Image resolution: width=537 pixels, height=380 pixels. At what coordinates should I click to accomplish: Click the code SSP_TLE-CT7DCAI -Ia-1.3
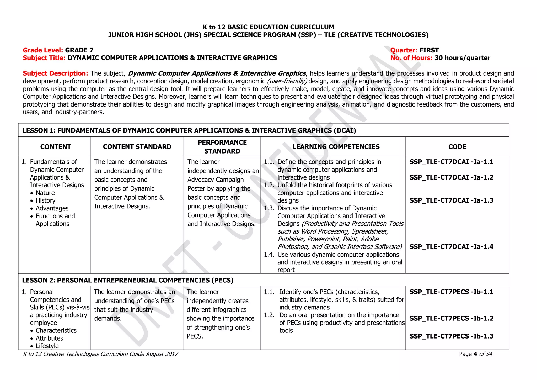point(451,200)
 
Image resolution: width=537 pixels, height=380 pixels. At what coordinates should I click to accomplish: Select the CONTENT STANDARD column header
point(137,147)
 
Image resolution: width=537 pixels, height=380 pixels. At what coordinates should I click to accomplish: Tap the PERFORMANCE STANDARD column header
point(222,147)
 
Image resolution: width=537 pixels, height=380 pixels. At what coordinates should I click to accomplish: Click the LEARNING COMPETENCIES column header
point(336,147)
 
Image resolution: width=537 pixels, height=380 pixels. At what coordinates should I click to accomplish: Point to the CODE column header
point(457,147)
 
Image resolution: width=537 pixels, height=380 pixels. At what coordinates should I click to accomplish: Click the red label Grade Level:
point(43,50)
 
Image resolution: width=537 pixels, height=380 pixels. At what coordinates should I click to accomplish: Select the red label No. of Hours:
point(411,58)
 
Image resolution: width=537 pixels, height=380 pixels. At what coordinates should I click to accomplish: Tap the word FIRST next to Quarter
point(429,50)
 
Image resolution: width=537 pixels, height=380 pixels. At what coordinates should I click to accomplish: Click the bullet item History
point(46,200)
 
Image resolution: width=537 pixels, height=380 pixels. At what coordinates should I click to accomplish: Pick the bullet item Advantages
point(52,208)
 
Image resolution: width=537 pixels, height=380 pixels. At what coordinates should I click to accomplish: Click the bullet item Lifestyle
point(47,346)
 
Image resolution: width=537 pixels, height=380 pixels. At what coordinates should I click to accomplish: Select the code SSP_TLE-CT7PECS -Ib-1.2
point(451,318)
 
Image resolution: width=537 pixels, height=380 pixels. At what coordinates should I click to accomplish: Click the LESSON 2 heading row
point(128,280)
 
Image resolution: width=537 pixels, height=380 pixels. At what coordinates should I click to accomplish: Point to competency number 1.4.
point(269,255)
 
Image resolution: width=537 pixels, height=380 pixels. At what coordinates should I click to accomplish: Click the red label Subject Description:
point(55,73)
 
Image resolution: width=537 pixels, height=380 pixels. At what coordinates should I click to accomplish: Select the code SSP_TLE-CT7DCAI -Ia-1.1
point(451,162)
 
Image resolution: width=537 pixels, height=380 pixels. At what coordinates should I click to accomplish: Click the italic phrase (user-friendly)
point(287,81)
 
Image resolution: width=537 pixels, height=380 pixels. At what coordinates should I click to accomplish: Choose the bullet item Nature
point(45,193)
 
